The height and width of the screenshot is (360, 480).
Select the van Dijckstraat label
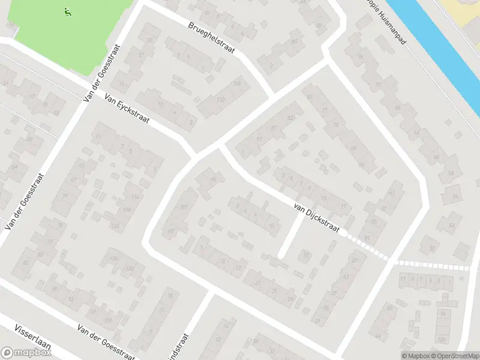pyautogui.click(x=316, y=218)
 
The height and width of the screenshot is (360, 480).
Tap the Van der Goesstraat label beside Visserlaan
pyautogui.click(x=106, y=341)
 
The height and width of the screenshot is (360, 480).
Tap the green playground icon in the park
pyautogui.click(x=67, y=11)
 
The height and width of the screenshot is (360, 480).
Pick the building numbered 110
pyautogui.click(x=220, y=99)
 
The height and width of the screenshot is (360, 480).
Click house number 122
pyautogui.click(x=115, y=226)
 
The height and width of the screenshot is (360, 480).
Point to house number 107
pyautogui.click(x=172, y=231)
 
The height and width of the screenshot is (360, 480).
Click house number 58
pyautogui.click(x=451, y=173)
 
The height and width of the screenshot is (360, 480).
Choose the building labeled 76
pyautogui.click(x=361, y=57)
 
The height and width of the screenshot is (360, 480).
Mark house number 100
pyautogui.click(x=442, y=340)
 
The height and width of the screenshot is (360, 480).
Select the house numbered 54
pyautogui.click(x=451, y=226)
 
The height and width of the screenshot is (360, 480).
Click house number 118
pyautogui.click(x=127, y=209)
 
